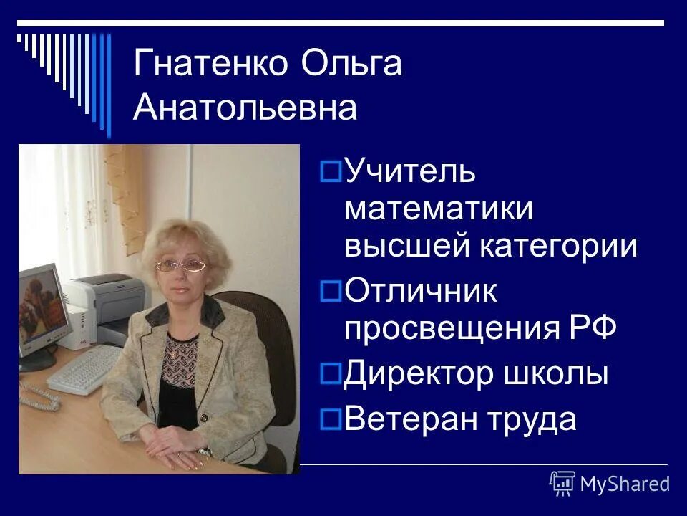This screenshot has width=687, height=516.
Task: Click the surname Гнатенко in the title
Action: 211,64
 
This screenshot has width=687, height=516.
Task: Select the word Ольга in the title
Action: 352,64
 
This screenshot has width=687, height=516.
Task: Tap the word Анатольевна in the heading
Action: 245,109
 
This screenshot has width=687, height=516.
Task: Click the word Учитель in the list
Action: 410,172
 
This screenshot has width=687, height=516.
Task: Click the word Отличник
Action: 421,291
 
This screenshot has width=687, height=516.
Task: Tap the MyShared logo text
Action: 624,484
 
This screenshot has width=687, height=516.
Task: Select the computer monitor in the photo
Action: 41,308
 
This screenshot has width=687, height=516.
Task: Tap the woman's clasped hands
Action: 172,453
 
